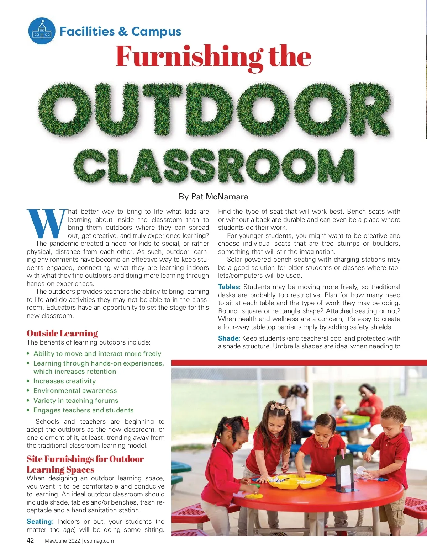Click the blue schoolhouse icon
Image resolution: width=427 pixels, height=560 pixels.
point(42,31)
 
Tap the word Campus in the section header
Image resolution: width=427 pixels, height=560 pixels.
point(156,32)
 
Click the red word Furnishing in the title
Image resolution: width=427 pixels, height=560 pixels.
point(189,57)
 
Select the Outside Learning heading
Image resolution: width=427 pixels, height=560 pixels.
point(62,333)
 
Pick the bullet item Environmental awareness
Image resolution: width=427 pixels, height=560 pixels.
point(75,391)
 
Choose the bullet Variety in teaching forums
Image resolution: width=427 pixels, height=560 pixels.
point(75,401)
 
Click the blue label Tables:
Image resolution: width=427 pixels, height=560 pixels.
point(229,287)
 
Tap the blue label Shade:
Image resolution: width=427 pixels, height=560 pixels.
point(229,338)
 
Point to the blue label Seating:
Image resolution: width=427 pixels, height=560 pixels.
point(40,522)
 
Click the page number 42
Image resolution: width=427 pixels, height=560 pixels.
point(30,540)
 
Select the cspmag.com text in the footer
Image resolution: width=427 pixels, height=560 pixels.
point(99,541)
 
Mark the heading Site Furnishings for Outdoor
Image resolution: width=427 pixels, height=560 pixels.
point(85,459)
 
